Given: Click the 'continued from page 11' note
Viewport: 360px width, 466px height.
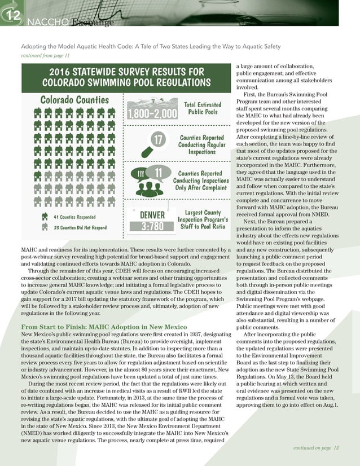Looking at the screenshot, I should (45, 55).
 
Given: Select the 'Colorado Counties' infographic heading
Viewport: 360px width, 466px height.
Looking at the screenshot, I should (74, 100).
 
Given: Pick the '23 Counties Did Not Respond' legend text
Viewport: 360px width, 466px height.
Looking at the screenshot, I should (80, 228).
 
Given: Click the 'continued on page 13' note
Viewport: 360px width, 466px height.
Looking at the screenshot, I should (316, 448).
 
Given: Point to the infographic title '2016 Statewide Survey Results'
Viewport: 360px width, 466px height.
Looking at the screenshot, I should (126, 77).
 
